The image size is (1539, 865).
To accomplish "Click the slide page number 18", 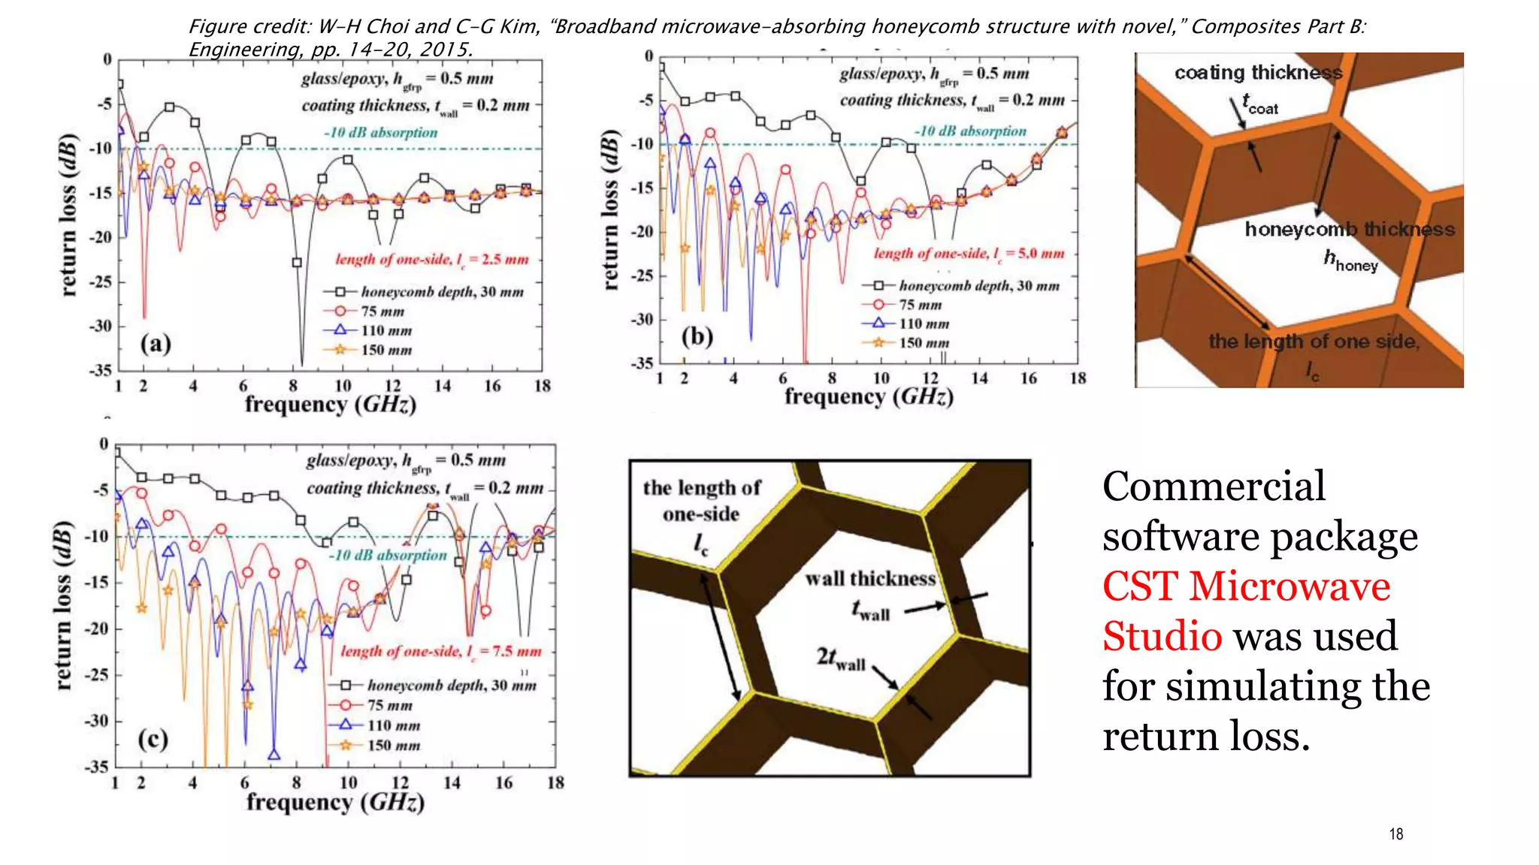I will click(x=1395, y=834).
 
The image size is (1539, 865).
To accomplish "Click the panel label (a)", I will click(x=156, y=344).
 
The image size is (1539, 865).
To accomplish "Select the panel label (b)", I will click(x=697, y=336).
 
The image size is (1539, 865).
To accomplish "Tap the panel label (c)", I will click(x=153, y=740).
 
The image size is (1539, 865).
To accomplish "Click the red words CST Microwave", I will click(x=1246, y=586).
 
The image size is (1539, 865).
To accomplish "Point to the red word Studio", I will click(x=1162, y=636).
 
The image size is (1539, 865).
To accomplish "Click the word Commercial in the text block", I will click(x=1214, y=487).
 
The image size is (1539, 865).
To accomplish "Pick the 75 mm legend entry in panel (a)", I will click(x=382, y=312).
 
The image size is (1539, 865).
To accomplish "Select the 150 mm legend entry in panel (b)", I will click(x=924, y=343).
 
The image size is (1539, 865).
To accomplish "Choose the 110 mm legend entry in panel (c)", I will click(x=393, y=725).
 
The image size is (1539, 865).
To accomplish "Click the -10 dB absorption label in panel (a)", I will click(x=381, y=133).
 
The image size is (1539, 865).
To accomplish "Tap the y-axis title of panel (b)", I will click(x=611, y=210).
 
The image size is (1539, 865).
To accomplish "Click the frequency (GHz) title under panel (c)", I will click(x=335, y=803).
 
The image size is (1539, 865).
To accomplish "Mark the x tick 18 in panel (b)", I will click(x=1078, y=378).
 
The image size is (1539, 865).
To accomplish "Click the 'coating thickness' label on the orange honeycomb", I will click(x=1258, y=73).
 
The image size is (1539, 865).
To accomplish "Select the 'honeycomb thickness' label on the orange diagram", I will click(x=1350, y=229).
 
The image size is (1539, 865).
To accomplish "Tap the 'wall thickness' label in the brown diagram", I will click(x=870, y=579).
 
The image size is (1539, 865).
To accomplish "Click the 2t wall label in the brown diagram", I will click(x=841, y=659).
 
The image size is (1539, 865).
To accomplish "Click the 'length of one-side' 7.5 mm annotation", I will click(x=441, y=651).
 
